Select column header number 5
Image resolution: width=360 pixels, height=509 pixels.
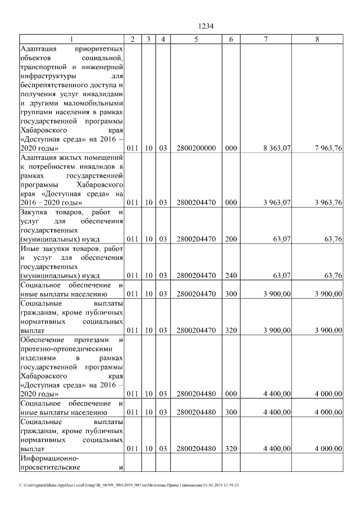click(x=196, y=39)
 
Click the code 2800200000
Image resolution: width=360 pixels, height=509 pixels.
click(x=196, y=148)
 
